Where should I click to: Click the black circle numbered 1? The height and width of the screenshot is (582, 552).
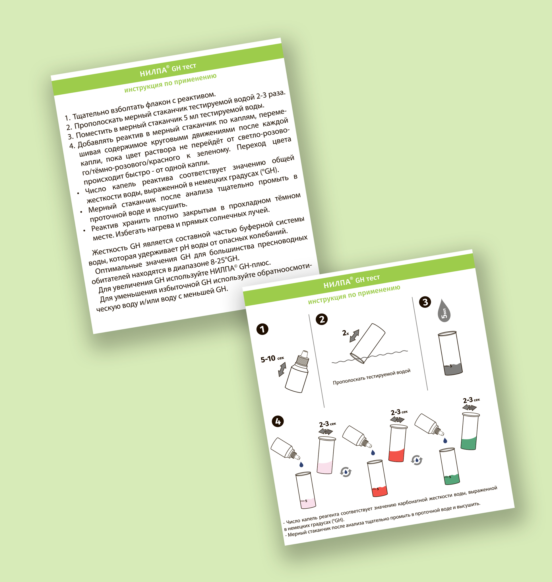262,329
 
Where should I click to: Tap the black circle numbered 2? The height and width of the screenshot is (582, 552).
322,319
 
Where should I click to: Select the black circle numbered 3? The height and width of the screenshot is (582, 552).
425,302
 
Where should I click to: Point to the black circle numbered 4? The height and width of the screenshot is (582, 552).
278,421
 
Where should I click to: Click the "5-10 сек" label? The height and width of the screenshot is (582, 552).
272,359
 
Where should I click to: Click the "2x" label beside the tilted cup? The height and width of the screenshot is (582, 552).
346,333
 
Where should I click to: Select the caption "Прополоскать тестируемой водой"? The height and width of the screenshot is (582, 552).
372,377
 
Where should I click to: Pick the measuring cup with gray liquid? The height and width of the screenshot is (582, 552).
450,353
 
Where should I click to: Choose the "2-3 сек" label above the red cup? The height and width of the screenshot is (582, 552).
399,412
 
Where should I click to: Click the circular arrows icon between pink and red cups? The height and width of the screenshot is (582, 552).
346,472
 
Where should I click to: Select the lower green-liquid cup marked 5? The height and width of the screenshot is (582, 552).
449,466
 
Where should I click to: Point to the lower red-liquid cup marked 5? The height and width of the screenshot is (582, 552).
377,479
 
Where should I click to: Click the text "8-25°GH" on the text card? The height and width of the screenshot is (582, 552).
224,260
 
